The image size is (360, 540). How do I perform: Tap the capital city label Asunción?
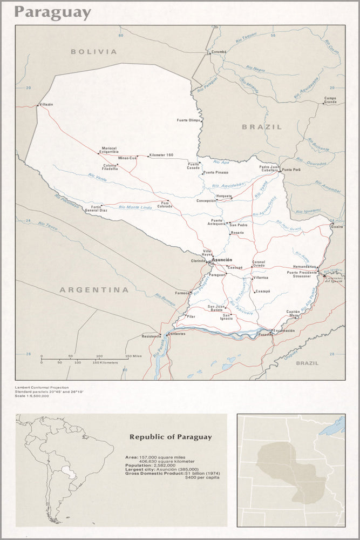[x=222, y=260]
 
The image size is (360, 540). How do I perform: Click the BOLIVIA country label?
[x=93, y=52]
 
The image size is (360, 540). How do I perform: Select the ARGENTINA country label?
[x=94, y=290]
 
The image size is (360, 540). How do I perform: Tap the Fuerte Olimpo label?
[x=188, y=120]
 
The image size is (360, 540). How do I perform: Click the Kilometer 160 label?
[x=161, y=155]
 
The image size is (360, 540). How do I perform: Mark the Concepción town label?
[x=206, y=200]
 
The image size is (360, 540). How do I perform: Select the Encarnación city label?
[x=284, y=330]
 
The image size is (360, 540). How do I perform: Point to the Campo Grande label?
[x=330, y=100]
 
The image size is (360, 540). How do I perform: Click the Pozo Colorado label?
[x=164, y=205]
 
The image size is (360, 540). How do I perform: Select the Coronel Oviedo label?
[x=259, y=264]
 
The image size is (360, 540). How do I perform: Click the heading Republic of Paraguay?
[x=170, y=437]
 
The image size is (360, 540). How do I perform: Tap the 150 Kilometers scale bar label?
[x=105, y=362]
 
